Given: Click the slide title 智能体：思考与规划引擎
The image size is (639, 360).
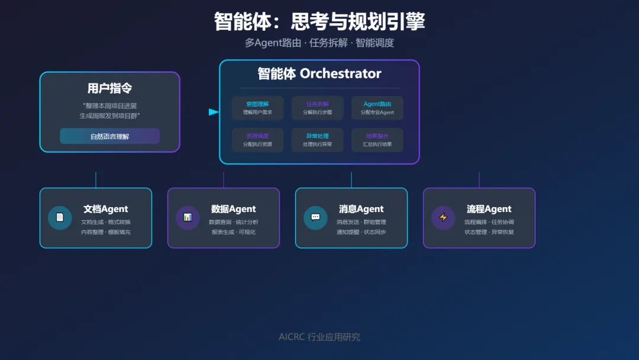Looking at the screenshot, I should (x=319, y=22).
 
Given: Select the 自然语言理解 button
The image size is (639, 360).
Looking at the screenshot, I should (x=109, y=136).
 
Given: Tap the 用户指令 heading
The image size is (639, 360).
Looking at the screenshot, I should (x=109, y=89).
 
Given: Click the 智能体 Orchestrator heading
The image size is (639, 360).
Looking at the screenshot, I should (x=319, y=73).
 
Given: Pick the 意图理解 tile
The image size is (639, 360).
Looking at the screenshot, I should (x=257, y=108).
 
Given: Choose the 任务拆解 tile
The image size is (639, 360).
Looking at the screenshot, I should (x=318, y=108).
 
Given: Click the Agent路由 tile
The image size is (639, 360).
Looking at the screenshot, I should (x=377, y=108).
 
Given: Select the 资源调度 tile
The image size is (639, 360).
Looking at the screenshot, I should (x=257, y=140).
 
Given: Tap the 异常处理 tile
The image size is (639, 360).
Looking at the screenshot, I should (x=318, y=140).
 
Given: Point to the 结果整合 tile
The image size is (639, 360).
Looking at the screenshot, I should (x=377, y=140).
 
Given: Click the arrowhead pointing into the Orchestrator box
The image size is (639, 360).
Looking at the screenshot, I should (x=214, y=112).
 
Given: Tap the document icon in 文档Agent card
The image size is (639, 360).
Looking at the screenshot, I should (x=60, y=217).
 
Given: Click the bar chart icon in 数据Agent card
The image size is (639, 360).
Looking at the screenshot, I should (x=188, y=217).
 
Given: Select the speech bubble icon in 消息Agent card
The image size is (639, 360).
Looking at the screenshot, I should (x=315, y=217).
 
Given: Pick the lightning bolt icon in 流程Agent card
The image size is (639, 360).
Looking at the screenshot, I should (x=443, y=217).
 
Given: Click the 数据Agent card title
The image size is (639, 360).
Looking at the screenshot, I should (x=233, y=209).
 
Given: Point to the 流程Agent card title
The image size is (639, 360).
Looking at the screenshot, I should (x=489, y=209).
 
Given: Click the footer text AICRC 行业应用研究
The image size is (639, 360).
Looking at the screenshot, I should (x=319, y=337).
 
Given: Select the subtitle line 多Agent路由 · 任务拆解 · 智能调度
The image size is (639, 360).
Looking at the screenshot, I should (x=319, y=43).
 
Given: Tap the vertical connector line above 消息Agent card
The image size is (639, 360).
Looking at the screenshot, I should (x=351, y=180).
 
